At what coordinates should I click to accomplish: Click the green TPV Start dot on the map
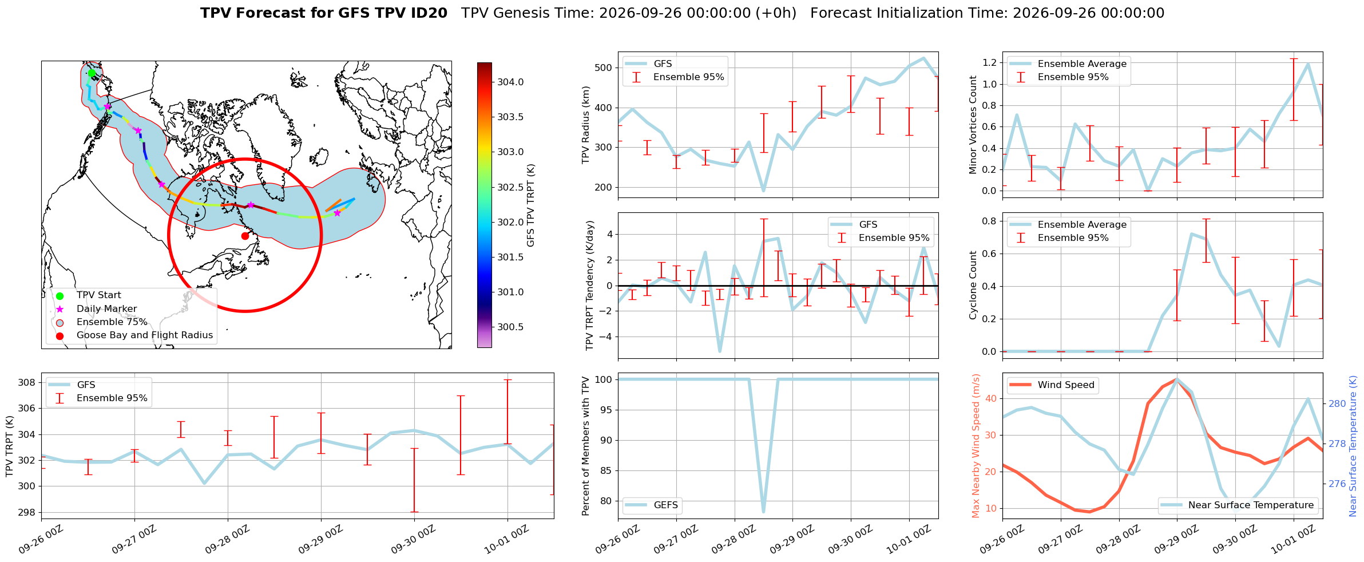click(92, 73)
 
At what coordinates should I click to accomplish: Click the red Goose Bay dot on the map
click(245, 236)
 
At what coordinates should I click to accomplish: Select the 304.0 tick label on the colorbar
click(510, 82)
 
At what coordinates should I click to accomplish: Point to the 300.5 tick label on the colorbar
click(510, 327)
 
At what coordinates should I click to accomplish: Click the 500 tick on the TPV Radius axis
click(604, 68)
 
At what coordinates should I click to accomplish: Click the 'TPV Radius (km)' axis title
click(585, 125)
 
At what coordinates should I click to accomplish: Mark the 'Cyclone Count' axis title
click(973, 285)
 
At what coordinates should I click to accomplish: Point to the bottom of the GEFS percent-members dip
click(763, 512)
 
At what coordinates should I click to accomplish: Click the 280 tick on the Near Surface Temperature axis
click(1337, 403)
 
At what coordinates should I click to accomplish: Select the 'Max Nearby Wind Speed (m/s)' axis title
click(976, 446)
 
